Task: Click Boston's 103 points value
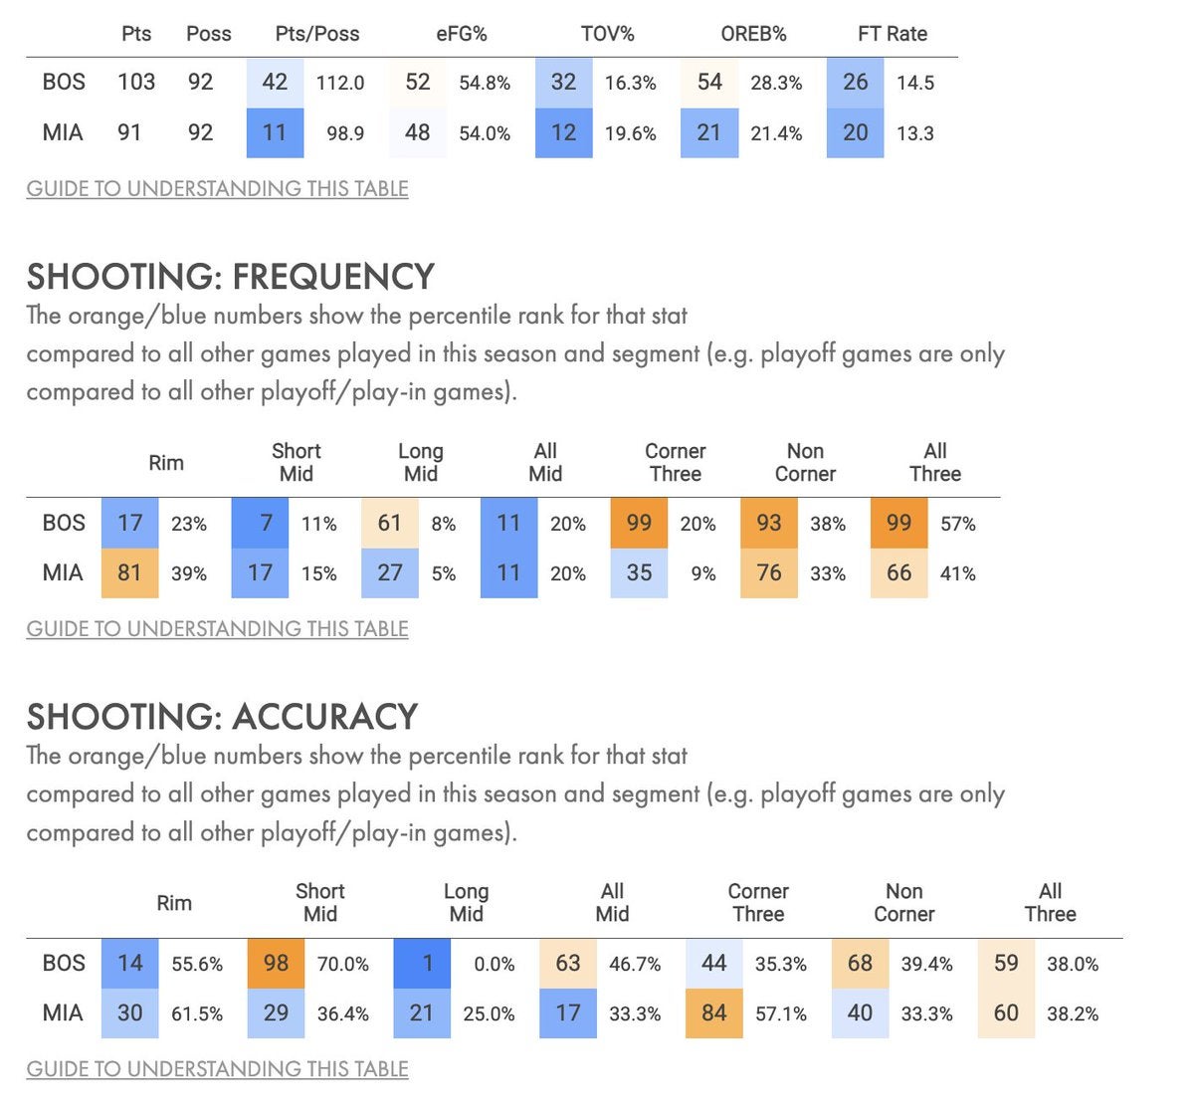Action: click(x=136, y=83)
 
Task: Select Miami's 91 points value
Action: click(x=129, y=133)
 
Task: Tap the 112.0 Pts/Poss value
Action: click(x=340, y=84)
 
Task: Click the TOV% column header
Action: click(x=607, y=34)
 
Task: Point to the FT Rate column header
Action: click(x=892, y=34)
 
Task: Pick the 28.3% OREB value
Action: click(x=776, y=84)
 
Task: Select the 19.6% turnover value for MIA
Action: click(x=631, y=133)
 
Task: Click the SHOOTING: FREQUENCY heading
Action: click(x=231, y=276)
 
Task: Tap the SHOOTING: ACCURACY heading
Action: click(x=222, y=716)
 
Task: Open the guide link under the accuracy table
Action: click(x=217, y=1069)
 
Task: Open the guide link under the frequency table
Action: click(x=217, y=629)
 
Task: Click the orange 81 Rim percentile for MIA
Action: click(x=129, y=573)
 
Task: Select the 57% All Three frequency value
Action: click(x=958, y=524)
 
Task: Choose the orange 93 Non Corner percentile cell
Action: click(x=769, y=523)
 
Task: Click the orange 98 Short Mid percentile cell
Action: click(x=276, y=964)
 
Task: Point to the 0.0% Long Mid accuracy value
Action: click(x=495, y=965)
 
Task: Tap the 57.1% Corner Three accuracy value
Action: click(x=781, y=1014)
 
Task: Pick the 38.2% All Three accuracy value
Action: click(x=1073, y=1014)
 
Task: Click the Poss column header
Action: click(x=208, y=34)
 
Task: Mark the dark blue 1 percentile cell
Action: click(x=428, y=964)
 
